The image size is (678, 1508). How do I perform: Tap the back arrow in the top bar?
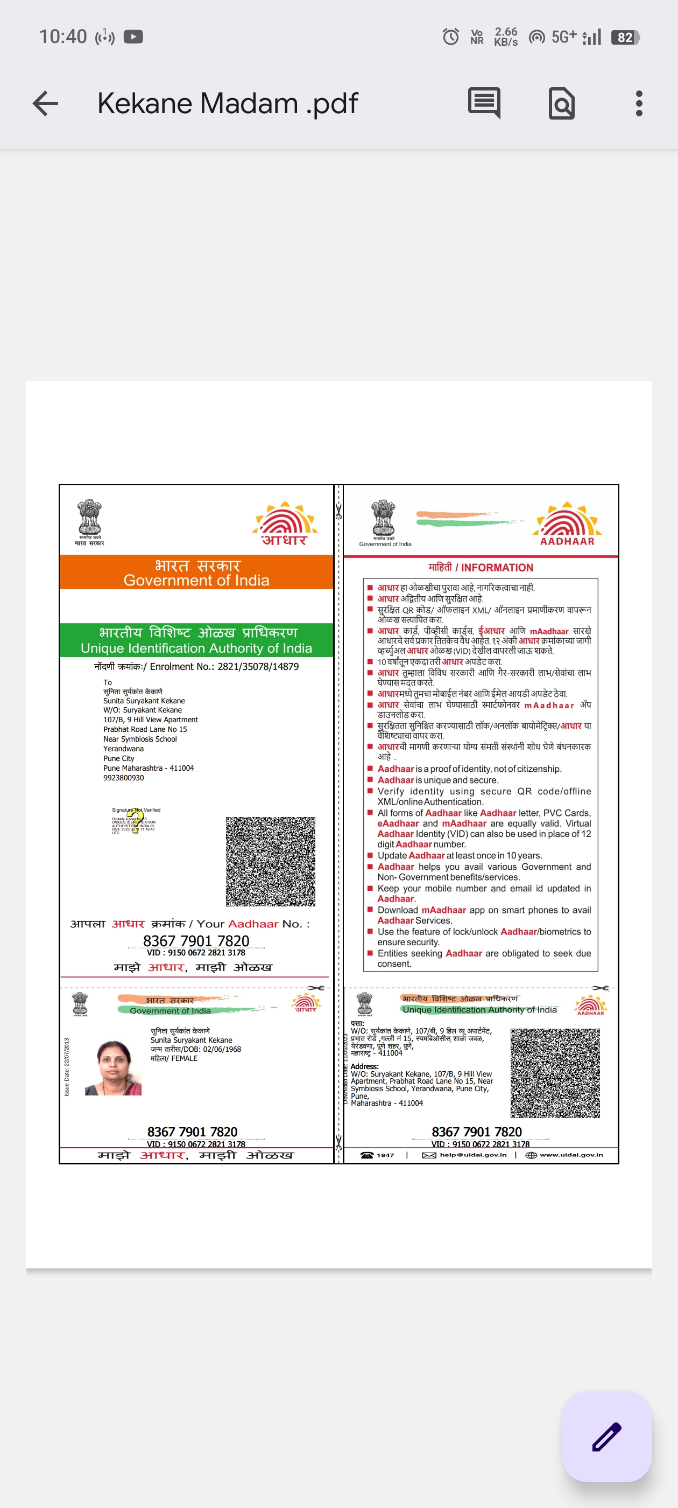point(46,103)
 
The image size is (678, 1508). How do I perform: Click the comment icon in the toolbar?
point(484,103)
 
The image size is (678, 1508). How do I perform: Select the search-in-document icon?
point(561,103)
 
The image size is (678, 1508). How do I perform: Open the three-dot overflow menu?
point(639,103)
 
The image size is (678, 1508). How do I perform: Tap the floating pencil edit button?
point(606,1436)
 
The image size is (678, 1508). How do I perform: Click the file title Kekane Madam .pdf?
point(227,103)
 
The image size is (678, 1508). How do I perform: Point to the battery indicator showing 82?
point(625,38)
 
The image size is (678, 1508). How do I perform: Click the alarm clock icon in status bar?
point(450,37)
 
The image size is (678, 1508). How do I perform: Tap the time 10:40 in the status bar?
point(62,37)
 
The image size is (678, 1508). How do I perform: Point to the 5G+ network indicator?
point(564,37)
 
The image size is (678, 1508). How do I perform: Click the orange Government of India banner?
point(196,573)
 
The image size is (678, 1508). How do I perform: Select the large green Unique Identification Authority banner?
point(196,640)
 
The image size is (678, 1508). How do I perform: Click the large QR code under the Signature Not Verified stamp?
point(270,861)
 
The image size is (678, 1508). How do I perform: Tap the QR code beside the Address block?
point(555,1073)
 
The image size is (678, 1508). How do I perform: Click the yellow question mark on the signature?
point(136,820)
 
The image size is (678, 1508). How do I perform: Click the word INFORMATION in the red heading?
point(497,567)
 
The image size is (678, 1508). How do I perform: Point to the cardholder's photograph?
point(113,1067)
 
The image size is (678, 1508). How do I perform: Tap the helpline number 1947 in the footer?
point(385,1155)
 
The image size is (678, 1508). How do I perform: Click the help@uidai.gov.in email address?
point(472,1155)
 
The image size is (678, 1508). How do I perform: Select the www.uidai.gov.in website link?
point(570,1155)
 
